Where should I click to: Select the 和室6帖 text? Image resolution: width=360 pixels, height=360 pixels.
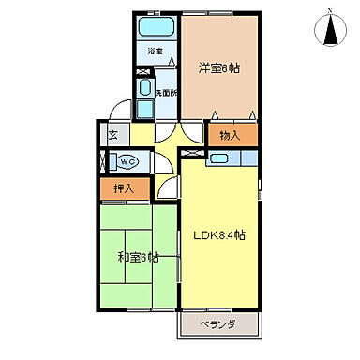[139, 257]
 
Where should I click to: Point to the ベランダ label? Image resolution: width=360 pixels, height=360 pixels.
[217, 324]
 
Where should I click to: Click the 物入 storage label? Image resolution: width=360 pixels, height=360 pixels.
[231, 135]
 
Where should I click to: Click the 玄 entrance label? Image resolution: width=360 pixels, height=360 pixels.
[113, 135]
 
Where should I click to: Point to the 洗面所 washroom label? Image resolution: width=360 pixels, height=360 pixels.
[165, 91]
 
